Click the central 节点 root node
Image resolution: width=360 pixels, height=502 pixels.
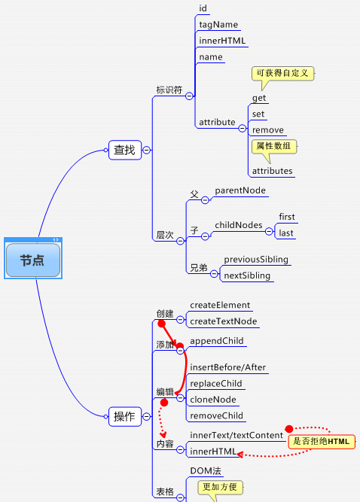click(x=33, y=260)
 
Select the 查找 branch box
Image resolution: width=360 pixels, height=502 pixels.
click(x=125, y=150)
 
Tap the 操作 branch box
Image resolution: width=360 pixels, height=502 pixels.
click(x=125, y=416)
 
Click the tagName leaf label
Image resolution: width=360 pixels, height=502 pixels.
click(x=218, y=25)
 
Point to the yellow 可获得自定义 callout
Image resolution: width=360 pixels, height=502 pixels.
click(x=282, y=73)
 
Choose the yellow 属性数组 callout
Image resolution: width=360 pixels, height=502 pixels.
click(x=274, y=146)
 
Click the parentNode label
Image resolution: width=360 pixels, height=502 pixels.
click(x=240, y=190)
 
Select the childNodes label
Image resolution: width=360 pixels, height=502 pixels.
click(x=239, y=225)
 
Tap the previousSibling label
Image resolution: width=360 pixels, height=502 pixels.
click(x=256, y=260)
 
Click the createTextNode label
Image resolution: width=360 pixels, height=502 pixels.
click(x=224, y=321)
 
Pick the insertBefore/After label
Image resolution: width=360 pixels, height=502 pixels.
click(x=227, y=367)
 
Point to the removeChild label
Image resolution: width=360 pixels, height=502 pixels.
click(x=216, y=415)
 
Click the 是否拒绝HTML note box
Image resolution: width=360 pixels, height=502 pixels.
click(x=322, y=442)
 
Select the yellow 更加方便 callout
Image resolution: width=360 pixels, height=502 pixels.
click(x=220, y=487)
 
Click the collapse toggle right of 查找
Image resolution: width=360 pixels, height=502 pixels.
click(x=146, y=150)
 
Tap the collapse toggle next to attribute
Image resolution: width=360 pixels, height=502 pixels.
click(x=243, y=129)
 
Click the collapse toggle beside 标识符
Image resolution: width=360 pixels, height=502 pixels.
click(x=189, y=96)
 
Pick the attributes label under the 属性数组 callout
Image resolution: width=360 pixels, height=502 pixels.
click(x=272, y=171)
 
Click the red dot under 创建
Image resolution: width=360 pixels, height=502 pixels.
click(x=162, y=324)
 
